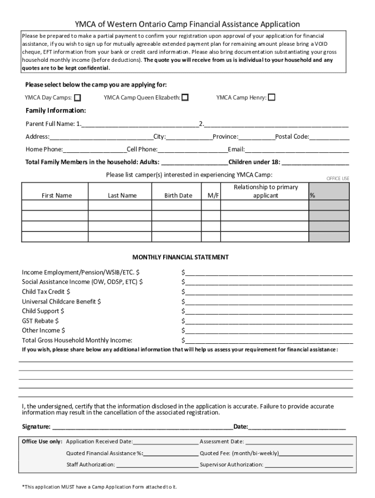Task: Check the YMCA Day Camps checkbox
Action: (78, 98)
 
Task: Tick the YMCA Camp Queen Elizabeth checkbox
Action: (185, 98)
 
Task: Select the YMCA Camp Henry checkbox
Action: (272, 97)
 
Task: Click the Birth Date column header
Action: (178, 196)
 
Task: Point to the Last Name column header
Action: (122, 196)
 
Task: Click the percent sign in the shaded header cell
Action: (312, 196)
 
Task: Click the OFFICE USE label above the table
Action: (337, 178)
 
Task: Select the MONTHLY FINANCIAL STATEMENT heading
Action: (181, 257)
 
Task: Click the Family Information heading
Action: (56, 110)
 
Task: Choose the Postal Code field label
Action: (292, 137)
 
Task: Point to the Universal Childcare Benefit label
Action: (61, 302)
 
